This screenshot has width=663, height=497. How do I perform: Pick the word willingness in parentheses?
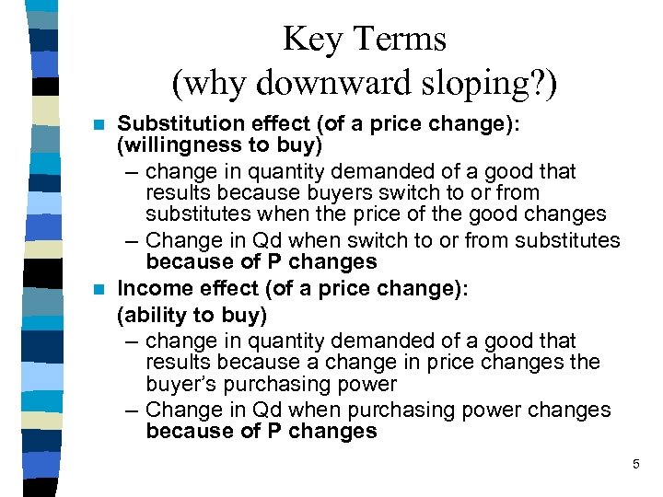181,145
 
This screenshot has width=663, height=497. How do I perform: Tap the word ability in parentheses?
152,315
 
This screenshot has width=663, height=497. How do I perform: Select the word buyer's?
180,385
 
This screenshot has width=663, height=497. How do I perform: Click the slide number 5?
635,465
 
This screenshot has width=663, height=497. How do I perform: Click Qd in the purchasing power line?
274,410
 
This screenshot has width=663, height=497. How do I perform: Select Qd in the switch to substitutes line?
274,241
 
